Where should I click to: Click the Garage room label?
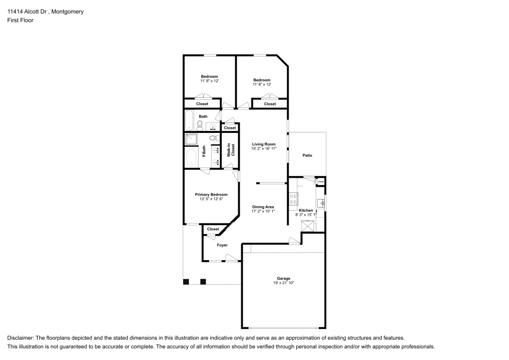284,279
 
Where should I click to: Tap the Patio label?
307,155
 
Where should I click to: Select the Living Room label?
264,144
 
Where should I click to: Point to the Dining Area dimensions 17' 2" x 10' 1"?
263,211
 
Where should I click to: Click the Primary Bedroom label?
211,195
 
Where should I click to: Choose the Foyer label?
222,245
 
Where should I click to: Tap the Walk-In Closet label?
231,150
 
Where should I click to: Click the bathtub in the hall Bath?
189,121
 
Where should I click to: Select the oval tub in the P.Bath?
191,157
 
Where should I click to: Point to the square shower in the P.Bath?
190,139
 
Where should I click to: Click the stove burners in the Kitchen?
293,199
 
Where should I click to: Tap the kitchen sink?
322,203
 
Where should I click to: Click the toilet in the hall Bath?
200,124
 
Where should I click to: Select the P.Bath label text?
204,151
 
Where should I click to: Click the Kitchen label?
306,210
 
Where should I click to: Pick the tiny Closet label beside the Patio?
321,182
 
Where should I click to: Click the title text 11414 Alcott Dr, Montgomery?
45,12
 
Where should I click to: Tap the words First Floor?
20,20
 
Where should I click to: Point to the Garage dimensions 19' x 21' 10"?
284,283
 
